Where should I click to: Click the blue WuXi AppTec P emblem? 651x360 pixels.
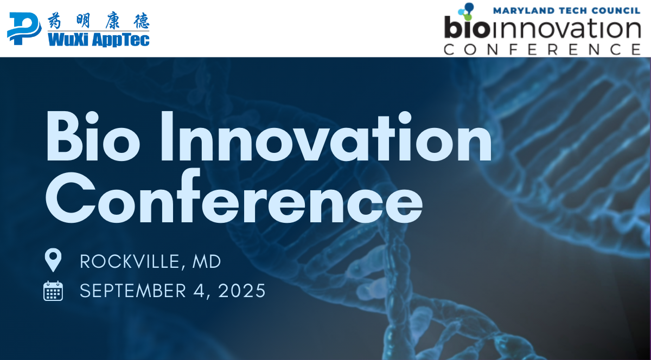click(24, 29)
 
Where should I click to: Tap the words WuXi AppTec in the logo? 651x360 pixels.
click(99, 40)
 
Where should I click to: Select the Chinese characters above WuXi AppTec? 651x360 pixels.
click(99, 21)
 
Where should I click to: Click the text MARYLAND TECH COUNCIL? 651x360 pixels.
click(567, 11)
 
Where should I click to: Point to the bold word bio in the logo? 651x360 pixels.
click(467, 27)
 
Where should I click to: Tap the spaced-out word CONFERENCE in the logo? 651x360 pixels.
click(542, 49)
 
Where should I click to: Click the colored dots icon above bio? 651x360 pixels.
click(466, 11)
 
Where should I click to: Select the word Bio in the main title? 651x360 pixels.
click(93, 136)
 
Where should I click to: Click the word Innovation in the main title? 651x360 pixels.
click(327, 136)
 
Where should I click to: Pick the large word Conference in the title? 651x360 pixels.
click(234, 196)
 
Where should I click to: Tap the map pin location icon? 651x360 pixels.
click(53, 260)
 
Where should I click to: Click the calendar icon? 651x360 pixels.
click(53, 291)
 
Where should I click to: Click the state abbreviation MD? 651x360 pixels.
click(207, 261)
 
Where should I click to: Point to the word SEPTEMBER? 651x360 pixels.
click(133, 291)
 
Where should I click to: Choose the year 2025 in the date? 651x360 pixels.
click(242, 291)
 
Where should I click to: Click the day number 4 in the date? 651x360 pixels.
click(199, 291)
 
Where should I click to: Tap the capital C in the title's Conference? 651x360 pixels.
click(71, 197)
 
